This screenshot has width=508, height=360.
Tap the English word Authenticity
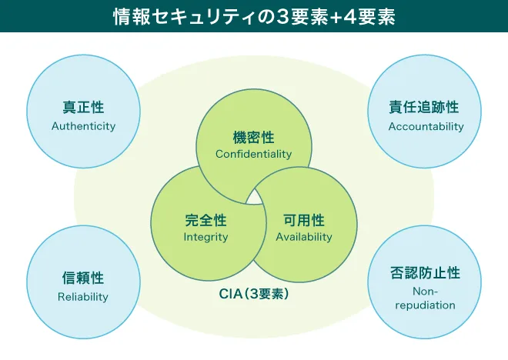(x=83, y=126)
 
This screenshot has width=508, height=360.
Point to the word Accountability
(x=426, y=126)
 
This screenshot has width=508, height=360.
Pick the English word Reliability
(x=83, y=296)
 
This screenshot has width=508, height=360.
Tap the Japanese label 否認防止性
(x=424, y=273)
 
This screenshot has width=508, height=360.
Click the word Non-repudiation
(x=424, y=298)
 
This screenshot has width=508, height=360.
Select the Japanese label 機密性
(x=253, y=137)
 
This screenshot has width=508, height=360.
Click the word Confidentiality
(x=253, y=154)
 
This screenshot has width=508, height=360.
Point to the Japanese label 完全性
(x=206, y=220)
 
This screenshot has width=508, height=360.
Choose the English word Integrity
(x=206, y=237)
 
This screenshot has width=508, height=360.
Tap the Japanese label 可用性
(x=304, y=220)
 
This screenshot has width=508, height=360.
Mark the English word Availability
(x=304, y=237)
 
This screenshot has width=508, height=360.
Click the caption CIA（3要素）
(x=253, y=293)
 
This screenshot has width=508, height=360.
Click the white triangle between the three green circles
(x=253, y=197)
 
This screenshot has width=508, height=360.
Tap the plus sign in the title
(x=328, y=16)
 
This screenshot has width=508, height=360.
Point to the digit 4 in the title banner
(x=342, y=16)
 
